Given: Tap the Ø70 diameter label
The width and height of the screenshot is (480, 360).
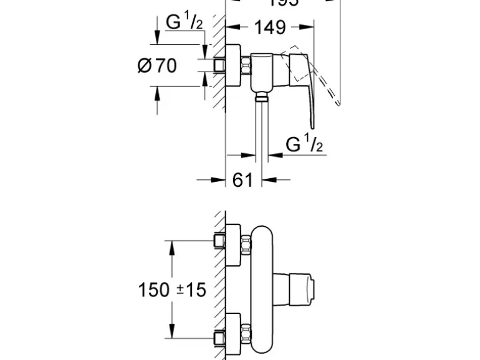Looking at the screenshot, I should pos(157,64).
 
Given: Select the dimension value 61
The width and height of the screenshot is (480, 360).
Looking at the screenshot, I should pos(242,180).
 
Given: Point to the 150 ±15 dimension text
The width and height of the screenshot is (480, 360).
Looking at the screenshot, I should pos(172,290).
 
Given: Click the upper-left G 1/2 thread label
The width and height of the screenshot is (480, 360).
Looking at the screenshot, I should pos(185,22).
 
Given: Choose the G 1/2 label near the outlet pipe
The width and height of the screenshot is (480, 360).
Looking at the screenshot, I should pos(304,144).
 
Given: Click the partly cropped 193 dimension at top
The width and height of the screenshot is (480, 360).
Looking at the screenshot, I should pos(284,3).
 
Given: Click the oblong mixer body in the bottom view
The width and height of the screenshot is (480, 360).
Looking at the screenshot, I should pos(265,290).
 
